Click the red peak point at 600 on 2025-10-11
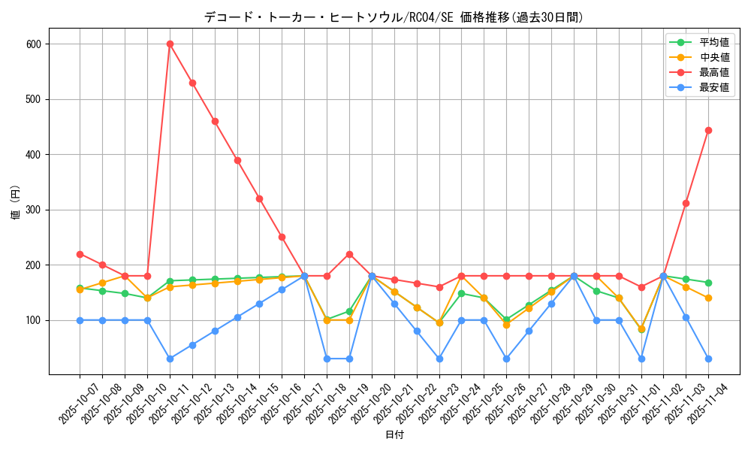170,44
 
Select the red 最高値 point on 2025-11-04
708,130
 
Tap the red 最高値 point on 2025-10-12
192,83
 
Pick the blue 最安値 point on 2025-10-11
170,359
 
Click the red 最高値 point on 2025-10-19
349,254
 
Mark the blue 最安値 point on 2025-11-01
641,359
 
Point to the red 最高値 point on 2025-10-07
80,254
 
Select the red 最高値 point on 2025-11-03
686,203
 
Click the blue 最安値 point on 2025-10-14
237,317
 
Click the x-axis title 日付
394,435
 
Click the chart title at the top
394,17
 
